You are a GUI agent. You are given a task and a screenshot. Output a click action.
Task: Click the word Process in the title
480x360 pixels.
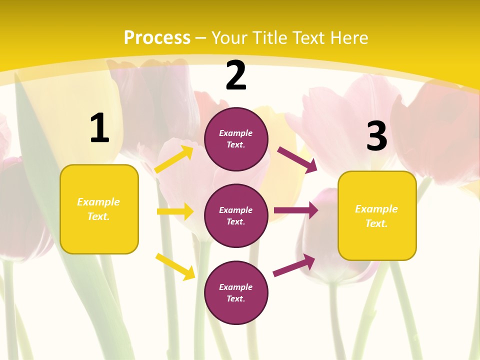pos(157,38)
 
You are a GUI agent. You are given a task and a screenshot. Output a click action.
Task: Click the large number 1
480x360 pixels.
pos(99,128)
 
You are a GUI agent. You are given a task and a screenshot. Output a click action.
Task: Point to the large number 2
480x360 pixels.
pos(236,75)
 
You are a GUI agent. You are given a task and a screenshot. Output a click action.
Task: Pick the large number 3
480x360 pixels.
pos(376,136)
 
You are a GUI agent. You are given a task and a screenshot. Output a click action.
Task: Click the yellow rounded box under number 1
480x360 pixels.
pos(99,209)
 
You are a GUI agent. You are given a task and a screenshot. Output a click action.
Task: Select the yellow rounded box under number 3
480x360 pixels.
pos(377,216)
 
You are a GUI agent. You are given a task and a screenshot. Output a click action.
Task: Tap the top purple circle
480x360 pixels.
pos(236,139)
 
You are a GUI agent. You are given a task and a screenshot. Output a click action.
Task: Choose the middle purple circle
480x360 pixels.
pos(236,215)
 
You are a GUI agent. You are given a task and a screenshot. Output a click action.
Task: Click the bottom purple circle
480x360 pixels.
pos(236,292)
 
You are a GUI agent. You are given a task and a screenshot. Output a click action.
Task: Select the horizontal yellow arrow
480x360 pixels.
pos(175,211)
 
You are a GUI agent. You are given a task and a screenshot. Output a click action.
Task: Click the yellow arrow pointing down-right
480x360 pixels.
pos(175,266)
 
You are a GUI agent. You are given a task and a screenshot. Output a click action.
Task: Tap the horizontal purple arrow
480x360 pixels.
pos(296,210)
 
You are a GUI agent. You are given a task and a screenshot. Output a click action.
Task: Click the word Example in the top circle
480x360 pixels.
pos(236,133)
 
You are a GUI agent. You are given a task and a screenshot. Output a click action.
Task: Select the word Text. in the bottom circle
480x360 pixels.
pos(236,298)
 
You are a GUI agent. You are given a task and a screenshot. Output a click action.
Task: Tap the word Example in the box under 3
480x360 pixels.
pos(376,209)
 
